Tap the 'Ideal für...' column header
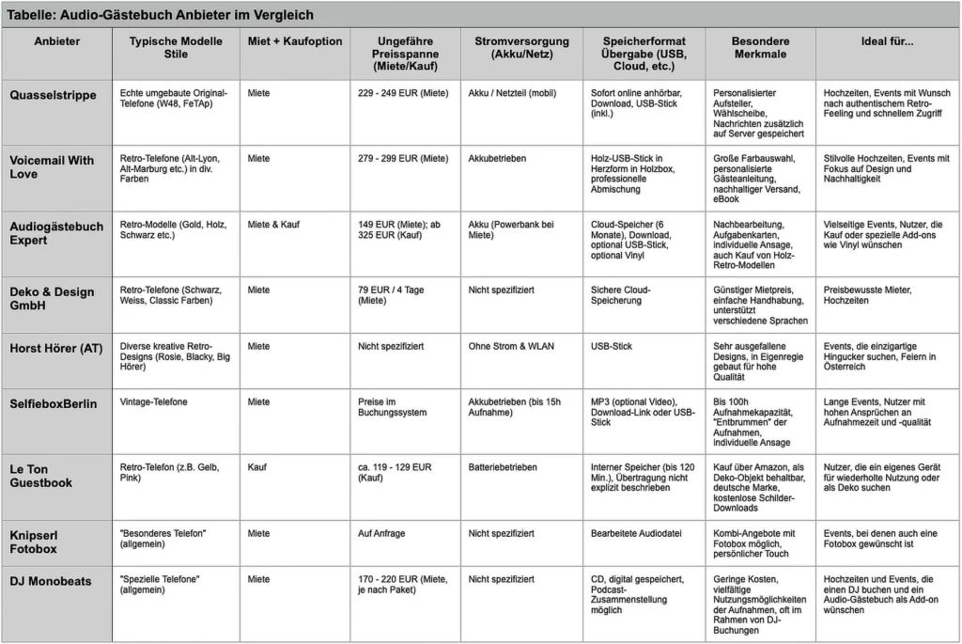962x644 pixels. point(887,41)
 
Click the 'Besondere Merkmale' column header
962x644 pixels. point(760,48)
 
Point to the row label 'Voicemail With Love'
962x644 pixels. point(53,166)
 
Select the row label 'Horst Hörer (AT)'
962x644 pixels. point(56,347)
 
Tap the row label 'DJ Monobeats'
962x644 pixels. point(51,581)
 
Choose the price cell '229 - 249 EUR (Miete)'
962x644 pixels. point(403,94)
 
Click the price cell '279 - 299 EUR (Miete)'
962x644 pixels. point(403,159)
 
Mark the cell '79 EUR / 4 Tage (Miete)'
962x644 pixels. point(391,295)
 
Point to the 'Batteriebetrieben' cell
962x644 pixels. point(503,466)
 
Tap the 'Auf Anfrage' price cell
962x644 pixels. point(381,533)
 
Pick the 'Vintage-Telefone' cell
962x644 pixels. point(154,401)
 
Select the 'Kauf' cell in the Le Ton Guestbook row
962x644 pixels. point(256,466)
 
